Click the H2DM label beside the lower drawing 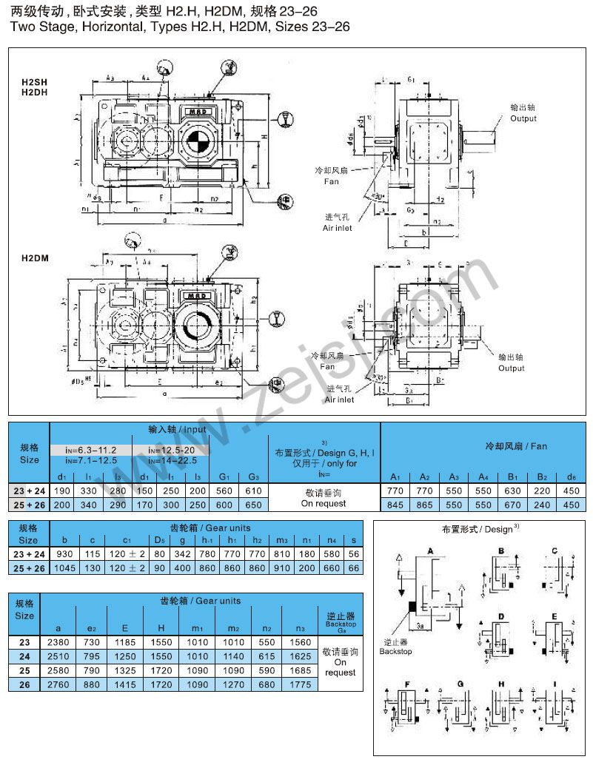click(x=33, y=258)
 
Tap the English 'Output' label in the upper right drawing click(x=523, y=118)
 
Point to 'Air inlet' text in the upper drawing click(x=337, y=228)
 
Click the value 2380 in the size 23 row click(x=58, y=643)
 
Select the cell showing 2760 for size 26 click(x=58, y=685)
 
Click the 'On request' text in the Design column click(x=324, y=504)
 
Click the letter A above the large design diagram click(x=429, y=551)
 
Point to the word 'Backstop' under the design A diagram click(x=395, y=652)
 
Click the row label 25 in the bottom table click(x=24, y=671)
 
